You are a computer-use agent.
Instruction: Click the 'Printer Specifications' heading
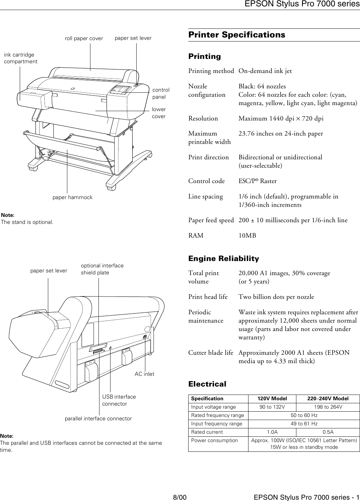236,35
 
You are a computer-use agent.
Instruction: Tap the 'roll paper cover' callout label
84,38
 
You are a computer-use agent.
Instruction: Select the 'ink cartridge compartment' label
20,58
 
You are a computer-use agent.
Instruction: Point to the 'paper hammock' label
72,197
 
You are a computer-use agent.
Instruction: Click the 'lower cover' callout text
159,113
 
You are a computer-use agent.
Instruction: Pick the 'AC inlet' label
144,374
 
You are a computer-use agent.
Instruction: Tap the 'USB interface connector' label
119,400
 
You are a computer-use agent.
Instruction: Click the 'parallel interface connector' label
98,418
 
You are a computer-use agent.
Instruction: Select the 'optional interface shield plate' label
102,269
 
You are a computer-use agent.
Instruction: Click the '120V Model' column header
272,399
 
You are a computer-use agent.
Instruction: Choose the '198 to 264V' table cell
328,407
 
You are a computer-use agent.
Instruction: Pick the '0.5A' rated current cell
328,432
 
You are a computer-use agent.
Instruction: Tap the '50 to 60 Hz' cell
304,415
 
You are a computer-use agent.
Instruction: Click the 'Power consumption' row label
214,440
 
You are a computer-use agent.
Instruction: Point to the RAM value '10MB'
247,236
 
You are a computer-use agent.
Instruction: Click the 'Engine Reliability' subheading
223,259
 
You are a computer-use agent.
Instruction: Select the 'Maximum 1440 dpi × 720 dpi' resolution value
281,118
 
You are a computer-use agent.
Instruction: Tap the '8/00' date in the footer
179,497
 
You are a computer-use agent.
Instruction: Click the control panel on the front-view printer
121,90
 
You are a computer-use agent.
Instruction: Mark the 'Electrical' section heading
207,384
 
